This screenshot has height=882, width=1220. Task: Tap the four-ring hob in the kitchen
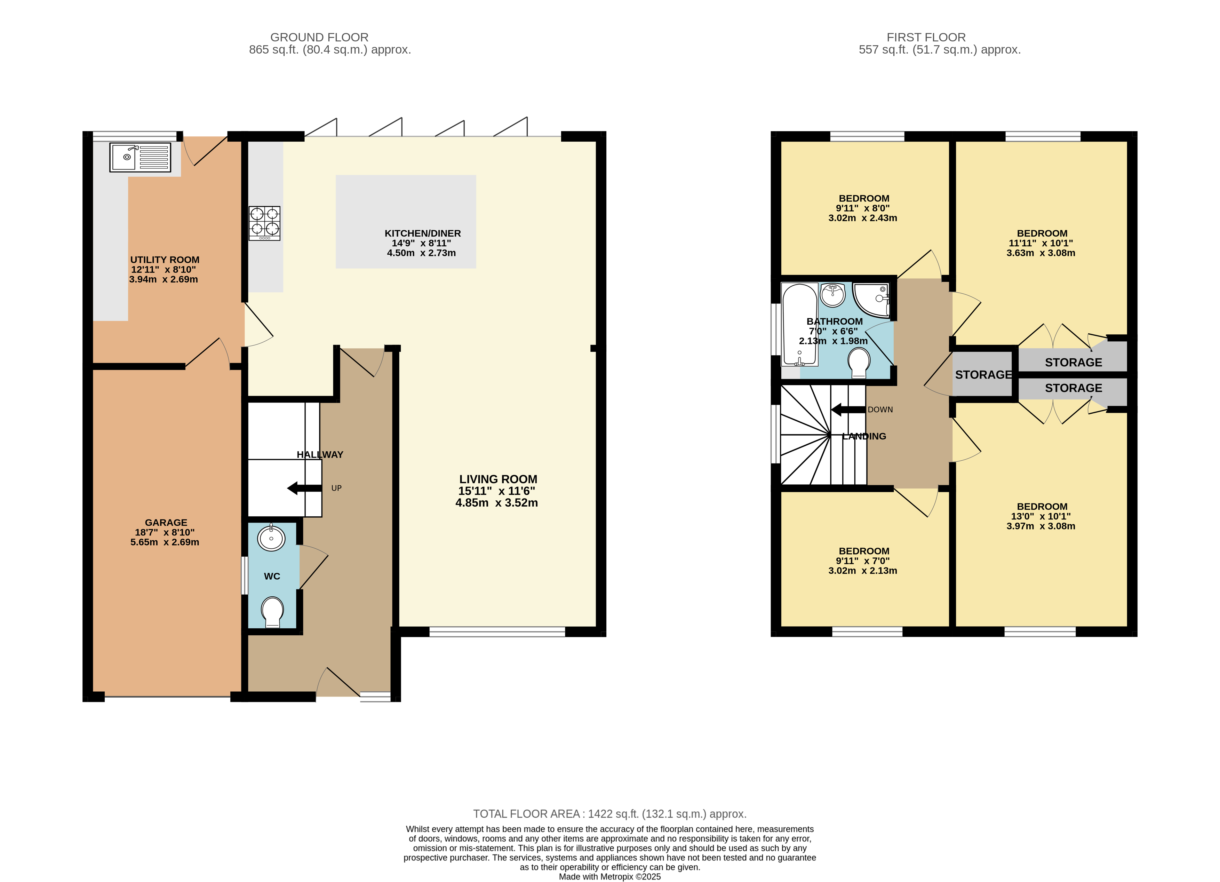click(x=264, y=223)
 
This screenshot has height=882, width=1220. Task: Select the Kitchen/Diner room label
click(x=422, y=243)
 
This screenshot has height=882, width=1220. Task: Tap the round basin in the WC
click(x=271, y=538)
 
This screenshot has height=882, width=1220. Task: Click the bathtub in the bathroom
click(x=800, y=325)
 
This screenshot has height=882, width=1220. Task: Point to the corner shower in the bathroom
click(x=872, y=300)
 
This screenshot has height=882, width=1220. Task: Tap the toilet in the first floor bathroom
click(x=859, y=362)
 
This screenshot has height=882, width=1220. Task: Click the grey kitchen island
click(x=406, y=221)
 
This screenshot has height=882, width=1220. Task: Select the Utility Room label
click(x=165, y=269)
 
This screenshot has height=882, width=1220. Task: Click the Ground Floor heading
click(x=319, y=37)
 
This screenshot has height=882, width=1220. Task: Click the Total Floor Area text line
click(x=609, y=814)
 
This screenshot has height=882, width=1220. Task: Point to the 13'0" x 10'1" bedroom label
click(x=1041, y=516)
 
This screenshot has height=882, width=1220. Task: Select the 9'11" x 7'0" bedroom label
click(x=863, y=561)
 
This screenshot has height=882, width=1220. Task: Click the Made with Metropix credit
click(x=609, y=877)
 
